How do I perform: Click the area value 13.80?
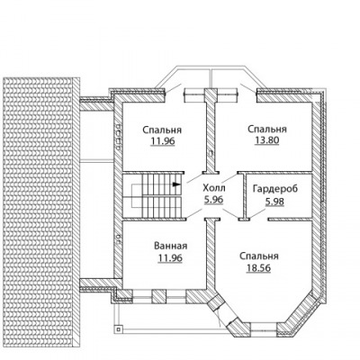[x=267, y=140]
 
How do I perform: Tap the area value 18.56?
[x=258, y=267]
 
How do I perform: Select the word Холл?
[x=214, y=188]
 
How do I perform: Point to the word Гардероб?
[x=275, y=189]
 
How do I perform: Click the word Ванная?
[x=170, y=246]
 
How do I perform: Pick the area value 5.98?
[x=274, y=202]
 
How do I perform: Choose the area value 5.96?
[x=214, y=200]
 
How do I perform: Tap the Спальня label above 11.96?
[x=162, y=130]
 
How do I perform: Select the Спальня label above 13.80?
[x=267, y=130]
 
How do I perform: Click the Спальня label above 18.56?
[x=259, y=256]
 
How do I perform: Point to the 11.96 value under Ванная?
[x=170, y=257]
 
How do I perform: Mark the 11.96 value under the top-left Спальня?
[x=163, y=141]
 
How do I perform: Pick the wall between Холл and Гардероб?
[x=244, y=196]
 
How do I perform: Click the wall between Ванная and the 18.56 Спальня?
[x=211, y=255]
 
